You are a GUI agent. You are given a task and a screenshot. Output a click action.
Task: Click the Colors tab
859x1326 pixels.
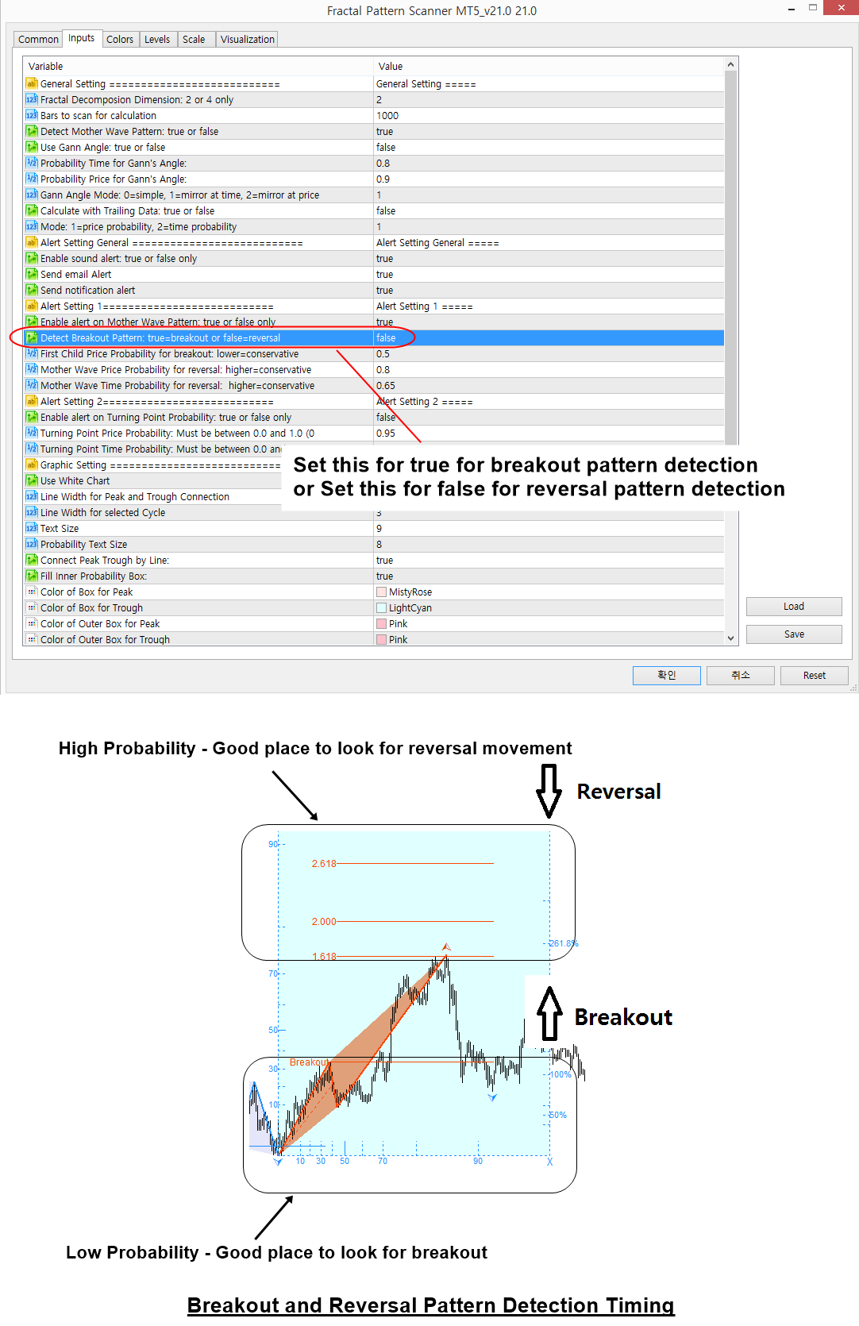coord(120,39)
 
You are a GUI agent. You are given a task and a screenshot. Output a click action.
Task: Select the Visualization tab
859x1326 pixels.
coord(248,39)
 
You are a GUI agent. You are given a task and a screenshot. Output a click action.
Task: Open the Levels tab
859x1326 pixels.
coord(157,39)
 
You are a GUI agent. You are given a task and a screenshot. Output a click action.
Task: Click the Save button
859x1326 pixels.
coord(794,634)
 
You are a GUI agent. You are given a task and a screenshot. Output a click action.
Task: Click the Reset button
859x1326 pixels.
coord(814,676)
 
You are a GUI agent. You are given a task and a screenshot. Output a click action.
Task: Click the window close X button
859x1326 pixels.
coord(842,8)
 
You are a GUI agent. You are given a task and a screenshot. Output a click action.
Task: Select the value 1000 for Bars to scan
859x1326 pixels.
coord(387,115)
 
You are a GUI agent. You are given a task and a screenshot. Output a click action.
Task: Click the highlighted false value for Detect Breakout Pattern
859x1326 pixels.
coord(386,338)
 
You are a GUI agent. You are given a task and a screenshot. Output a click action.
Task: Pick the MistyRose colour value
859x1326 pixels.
coord(410,592)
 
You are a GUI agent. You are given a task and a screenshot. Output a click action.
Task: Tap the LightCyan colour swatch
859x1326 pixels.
coord(381,608)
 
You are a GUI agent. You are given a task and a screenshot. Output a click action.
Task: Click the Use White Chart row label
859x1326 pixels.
coord(75,480)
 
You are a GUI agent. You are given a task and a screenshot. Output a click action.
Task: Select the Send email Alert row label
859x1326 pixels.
coord(75,274)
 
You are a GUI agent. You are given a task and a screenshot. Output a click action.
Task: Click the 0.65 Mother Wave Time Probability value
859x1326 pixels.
coord(385,385)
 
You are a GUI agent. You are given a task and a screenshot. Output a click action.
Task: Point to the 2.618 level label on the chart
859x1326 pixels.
coord(324,864)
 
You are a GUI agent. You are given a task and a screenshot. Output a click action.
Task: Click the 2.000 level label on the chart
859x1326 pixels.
coord(324,921)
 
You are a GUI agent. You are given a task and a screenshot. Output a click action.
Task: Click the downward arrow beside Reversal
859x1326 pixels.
coord(549,792)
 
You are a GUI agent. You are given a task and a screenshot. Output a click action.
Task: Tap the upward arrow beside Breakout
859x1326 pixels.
coord(549,1013)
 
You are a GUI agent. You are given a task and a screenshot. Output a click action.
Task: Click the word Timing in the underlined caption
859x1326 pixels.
coord(640,1305)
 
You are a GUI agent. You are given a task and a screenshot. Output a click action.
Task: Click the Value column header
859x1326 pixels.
coord(390,67)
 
